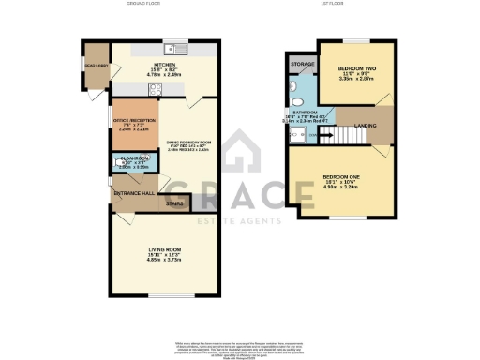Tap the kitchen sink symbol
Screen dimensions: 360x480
(176, 50)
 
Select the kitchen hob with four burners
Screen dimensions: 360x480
(156, 91)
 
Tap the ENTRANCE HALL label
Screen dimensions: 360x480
(132, 194)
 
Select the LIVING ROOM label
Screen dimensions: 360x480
(164, 249)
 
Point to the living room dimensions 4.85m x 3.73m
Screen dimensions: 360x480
(164, 261)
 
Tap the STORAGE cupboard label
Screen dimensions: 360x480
(302, 65)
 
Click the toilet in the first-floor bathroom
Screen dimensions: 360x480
(293, 91)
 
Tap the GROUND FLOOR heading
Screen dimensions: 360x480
(146, 4)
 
